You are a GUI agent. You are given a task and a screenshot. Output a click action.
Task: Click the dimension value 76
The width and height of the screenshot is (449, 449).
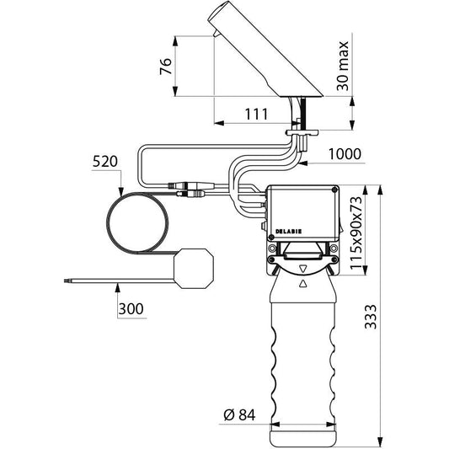[x=166, y=67]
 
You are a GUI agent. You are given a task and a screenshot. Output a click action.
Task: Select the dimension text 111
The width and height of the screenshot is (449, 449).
[x=257, y=115]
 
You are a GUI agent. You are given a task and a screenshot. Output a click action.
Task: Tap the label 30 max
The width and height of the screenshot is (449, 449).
[x=343, y=67]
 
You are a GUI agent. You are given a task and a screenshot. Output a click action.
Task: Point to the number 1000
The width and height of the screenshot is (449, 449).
[x=345, y=154]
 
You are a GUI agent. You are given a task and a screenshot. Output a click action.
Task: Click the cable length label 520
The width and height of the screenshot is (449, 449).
[x=105, y=162]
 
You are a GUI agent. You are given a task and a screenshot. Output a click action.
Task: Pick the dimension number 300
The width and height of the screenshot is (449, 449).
[x=131, y=309]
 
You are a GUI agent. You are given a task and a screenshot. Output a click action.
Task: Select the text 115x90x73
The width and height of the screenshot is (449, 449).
[x=356, y=233]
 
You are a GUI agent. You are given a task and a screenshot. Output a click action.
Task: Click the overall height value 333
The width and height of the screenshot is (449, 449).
[x=371, y=317]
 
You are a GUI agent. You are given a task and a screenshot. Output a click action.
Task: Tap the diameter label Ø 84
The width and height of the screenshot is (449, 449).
[x=239, y=415]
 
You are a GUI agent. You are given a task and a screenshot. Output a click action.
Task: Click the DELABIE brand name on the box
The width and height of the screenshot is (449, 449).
[x=288, y=232]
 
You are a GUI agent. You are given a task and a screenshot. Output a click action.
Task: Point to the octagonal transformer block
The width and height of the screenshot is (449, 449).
[x=194, y=269]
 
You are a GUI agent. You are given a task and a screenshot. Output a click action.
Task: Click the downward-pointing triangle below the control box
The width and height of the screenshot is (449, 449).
[x=303, y=270]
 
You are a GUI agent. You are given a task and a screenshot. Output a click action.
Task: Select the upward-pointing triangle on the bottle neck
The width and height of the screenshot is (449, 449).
[x=303, y=283]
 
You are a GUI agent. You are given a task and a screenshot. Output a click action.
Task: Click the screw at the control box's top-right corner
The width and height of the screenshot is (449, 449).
[x=334, y=190]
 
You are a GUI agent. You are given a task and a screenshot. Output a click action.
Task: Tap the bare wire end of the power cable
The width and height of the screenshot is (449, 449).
[x=66, y=281]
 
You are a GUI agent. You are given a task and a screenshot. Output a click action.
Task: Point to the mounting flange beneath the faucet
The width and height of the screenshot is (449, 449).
[x=302, y=132]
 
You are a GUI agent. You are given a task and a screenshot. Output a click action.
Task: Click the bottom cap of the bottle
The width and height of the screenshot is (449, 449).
[x=303, y=438]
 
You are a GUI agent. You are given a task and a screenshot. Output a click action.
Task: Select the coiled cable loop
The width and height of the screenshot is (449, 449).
[x=137, y=223]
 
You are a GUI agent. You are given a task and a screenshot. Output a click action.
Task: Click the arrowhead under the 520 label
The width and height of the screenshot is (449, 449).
[x=121, y=191]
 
